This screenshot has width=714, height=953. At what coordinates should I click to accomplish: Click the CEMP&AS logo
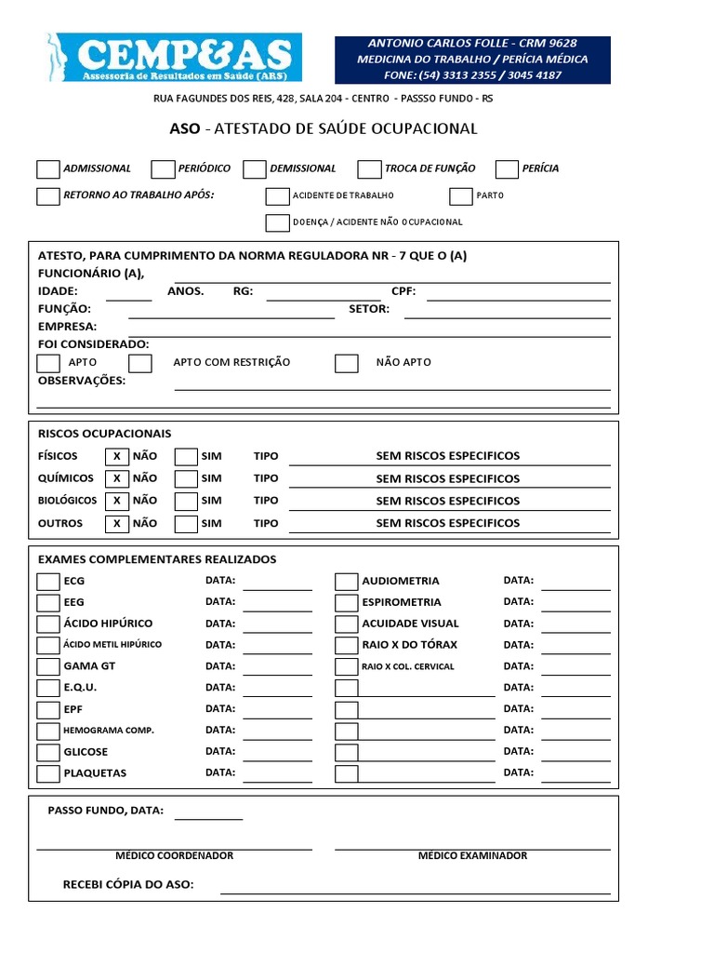pos(171,58)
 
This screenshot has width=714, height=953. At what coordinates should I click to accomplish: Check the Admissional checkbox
pos(48,168)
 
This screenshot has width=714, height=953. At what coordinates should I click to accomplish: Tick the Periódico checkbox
pos(163,168)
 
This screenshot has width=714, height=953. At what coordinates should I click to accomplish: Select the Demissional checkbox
pos(255,168)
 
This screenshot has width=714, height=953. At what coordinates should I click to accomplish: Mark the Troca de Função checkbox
pos(369,168)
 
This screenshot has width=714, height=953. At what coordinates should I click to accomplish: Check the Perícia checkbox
pos(507,168)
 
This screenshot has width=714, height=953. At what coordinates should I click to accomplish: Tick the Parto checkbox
pos(461,195)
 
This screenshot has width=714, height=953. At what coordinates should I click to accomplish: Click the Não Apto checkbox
pos(347,363)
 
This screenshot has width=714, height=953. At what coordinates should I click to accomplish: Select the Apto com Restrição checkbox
pos(140,363)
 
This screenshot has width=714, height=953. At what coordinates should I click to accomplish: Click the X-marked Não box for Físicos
pos(116,456)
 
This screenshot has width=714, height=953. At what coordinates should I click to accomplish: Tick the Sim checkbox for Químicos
pos(186,478)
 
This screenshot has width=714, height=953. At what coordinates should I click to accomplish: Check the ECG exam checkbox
pos(48,582)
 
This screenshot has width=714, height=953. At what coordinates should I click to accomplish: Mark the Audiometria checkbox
pos(346,582)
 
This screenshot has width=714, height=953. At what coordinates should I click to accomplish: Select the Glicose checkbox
pos(48,752)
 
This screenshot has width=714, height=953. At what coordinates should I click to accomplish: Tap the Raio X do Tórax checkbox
pos(346,646)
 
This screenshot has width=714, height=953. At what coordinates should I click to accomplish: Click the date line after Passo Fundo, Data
pos(208,814)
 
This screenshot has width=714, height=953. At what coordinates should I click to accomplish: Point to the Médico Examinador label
pos(472,855)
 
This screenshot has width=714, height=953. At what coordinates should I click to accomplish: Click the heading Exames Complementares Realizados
pos(156,559)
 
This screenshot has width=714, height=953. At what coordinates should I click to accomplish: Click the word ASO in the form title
pos(184,128)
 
